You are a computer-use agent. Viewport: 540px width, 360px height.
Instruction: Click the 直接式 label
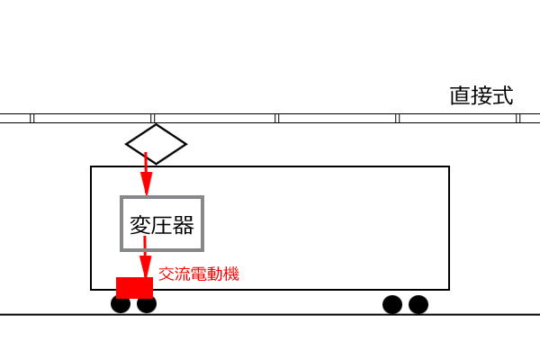[x=481, y=95]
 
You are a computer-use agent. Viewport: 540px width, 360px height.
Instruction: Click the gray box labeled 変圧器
[x=121, y=224]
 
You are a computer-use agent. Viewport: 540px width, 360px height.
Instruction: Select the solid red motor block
[x=134, y=288]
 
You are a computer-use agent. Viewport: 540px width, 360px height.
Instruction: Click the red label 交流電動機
[x=199, y=274]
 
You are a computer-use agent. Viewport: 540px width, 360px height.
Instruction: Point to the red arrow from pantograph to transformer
[x=146, y=174]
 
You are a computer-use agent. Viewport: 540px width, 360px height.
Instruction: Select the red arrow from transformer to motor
[x=145, y=256]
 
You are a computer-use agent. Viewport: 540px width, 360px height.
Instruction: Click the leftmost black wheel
[x=121, y=304]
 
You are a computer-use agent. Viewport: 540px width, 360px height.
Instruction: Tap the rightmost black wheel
[x=418, y=304]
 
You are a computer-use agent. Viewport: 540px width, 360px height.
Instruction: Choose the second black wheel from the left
[x=147, y=304]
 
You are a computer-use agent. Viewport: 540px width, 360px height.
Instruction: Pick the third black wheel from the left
[x=392, y=304]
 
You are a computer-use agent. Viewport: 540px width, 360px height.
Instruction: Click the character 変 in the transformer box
[x=140, y=225]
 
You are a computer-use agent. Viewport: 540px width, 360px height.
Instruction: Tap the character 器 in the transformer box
[x=184, y=225]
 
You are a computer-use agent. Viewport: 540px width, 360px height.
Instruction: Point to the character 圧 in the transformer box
[x=162, y=225]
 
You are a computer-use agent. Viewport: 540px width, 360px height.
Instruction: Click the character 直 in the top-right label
[x=461, y=95]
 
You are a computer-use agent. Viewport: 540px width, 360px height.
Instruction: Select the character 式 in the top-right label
[x=503, y=95]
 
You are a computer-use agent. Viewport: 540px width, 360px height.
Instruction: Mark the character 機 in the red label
[x=231, y=274]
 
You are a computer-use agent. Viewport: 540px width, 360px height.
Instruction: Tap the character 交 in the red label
[x=166, y=274]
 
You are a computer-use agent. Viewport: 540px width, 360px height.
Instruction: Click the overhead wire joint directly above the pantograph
[x=153, y=118]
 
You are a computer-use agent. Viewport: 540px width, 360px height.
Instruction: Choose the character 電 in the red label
[x=199, y=274]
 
